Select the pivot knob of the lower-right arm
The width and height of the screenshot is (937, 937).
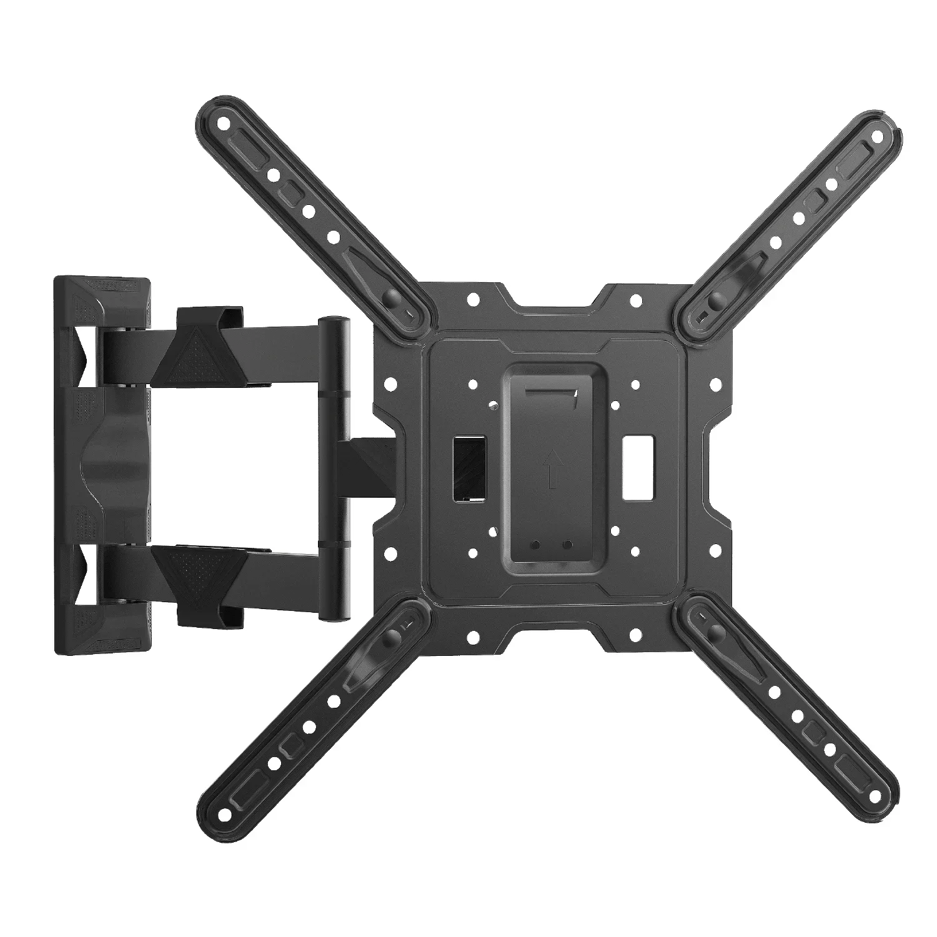(711, 634)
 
